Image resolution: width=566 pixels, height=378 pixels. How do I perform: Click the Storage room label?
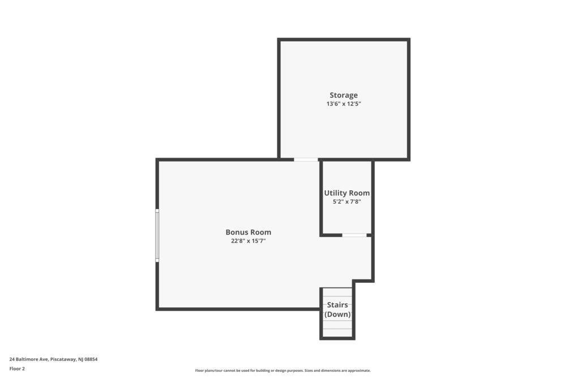click(x=344, y=95)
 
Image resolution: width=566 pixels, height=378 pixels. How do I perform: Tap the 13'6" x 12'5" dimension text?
click(x=344, y=104)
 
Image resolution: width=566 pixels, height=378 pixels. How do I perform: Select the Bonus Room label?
click(x=248, y=232)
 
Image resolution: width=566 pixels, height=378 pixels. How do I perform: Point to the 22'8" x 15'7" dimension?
click(x=248, y=241)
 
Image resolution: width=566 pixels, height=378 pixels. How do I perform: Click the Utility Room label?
click(x=347, y=193)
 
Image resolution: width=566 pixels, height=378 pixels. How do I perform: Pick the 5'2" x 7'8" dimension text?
click(x=347, y=202)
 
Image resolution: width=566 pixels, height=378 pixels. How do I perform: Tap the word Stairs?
click(x=337, y=305)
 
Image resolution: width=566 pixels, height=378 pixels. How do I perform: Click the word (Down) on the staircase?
click(x=337, y=315)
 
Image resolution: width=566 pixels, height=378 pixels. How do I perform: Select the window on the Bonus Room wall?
click(x=157, y=235)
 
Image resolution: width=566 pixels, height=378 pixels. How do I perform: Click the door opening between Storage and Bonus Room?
click(x=306, y=159)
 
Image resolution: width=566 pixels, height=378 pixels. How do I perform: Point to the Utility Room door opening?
click(x=354, y=235)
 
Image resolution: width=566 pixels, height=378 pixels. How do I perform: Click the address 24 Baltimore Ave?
click(x=29, y=359)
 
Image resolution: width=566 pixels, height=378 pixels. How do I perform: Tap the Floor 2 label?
click(x=17, y=368)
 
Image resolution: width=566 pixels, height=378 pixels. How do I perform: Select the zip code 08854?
click(x=91, y=359)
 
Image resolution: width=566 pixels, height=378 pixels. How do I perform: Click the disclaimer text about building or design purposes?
click(x=282, y=371)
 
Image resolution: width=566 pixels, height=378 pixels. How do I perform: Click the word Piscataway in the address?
click(x=63, y=359)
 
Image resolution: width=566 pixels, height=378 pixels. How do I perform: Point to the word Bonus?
click(x=237, y=232)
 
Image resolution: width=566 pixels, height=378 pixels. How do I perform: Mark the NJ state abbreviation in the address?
click(x=80, y=359)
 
